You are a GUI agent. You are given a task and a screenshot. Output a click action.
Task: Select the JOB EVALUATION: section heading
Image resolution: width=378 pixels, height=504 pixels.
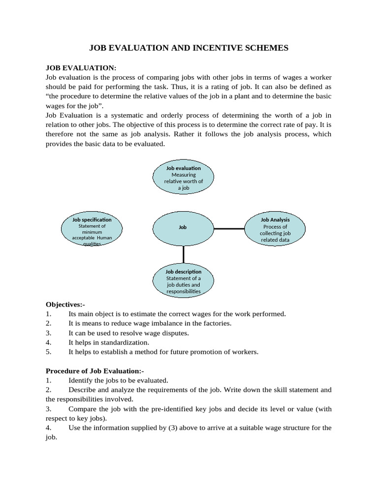click(81, 67)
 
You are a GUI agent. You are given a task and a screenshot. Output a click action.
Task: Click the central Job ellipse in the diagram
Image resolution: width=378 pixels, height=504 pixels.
click(183, 228)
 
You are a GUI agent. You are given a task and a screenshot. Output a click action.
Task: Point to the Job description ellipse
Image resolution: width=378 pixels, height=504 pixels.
click(184, 281)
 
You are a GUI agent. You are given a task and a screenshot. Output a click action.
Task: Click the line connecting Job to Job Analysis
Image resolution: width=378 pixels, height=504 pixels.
click(229, 228)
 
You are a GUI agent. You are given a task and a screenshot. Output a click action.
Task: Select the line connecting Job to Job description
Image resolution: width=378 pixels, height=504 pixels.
click(184, 254)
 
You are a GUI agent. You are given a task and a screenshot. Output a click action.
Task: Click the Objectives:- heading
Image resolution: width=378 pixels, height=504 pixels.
click(65, 305)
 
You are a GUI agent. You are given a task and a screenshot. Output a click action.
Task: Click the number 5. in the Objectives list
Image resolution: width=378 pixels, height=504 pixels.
click(48, 352)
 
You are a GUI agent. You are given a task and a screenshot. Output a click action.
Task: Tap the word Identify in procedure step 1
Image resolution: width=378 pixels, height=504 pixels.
click(80, 380)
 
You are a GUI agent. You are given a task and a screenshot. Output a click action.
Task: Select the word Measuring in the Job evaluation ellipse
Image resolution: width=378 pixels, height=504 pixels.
click(184, 175)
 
